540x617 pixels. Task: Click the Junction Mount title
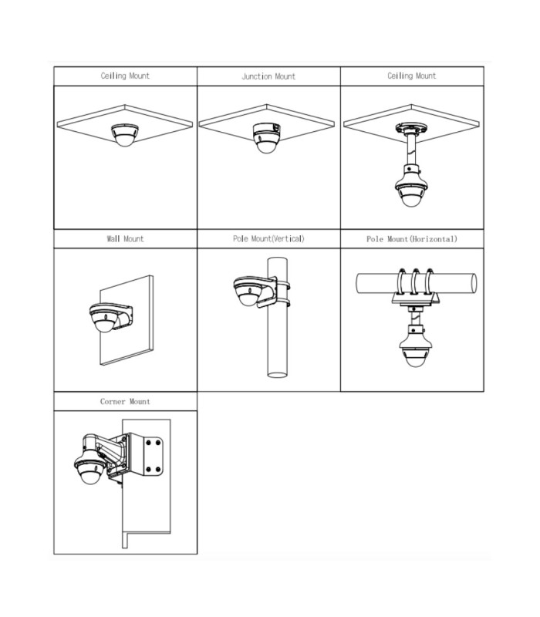coord(268,76)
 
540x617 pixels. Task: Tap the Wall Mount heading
coord(125,239)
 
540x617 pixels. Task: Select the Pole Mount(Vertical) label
coord(268,239)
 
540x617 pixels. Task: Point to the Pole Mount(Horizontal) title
coord(412,239)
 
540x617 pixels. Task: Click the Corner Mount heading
coord(125,402)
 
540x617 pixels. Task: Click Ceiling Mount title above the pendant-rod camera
coord(412,76)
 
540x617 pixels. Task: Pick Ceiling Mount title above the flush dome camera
coord(125,76)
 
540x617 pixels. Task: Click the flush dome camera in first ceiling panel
coord(125,135)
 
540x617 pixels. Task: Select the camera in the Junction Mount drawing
coord(266,138)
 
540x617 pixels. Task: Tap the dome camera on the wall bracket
coord(104,318)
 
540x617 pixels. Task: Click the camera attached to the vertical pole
coord(248,292)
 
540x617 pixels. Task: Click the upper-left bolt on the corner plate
coord(149,443)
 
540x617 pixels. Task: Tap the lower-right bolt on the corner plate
coord(158,470)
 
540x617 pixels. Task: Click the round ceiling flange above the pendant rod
coord(411,129)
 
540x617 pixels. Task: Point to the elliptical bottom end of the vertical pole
coord(277,374)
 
